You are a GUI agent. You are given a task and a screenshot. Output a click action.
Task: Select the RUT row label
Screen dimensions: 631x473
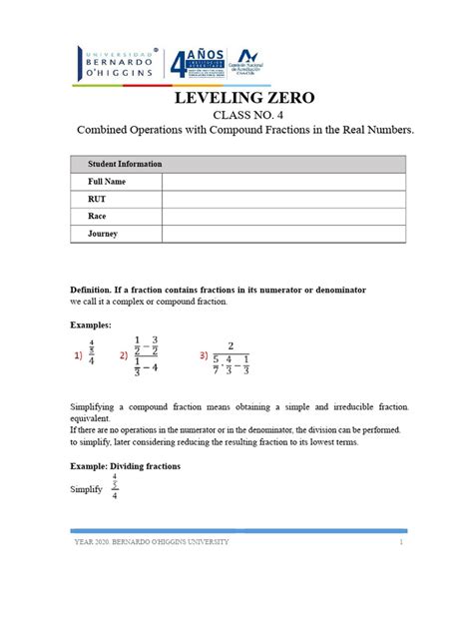[99, 199]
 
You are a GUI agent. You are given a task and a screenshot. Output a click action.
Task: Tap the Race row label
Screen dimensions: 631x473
[100, 217]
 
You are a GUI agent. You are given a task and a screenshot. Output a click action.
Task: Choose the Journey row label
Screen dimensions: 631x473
[104, 234]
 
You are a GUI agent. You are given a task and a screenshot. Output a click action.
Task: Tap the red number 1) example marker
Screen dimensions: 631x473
[78, 354]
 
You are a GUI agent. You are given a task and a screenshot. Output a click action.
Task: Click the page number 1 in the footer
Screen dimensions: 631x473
[400, 541]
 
